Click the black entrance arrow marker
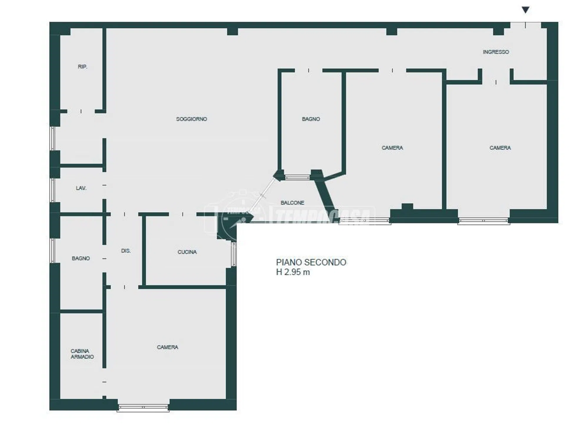click(525, 10)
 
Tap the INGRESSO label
click(496, 52)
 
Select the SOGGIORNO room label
click(191, 119)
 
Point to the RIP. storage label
click(82, 67)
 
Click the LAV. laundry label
click(81, 188)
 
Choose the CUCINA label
click(187, 252)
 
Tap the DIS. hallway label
click(126, 251)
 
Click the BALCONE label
click(292, 203)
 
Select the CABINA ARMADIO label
click(82, 354)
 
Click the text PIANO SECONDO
click(311, 262)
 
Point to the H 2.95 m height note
click(293, 272)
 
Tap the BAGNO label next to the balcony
click(311, 119)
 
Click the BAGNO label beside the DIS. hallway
click(81, 258)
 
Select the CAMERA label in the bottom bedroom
click(167, 347)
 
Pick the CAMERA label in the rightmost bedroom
click(500, 148)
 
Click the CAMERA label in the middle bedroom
click(392, 148)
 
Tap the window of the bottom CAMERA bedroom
click(143, 408)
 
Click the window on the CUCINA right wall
click(234, 254)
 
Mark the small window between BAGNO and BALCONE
click(298, 177)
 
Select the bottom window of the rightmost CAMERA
click(484, 221)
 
